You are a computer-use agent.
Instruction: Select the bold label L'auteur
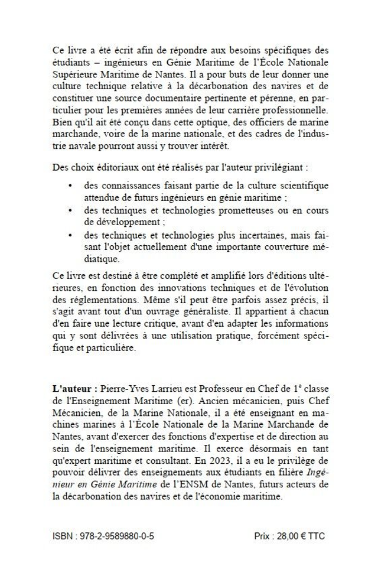(73, 391)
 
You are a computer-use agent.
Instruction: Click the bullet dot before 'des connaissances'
(70, 186)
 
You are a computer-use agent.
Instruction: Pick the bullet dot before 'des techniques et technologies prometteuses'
(70, 210)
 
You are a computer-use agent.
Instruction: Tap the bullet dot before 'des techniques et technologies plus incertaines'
(70, 235)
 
